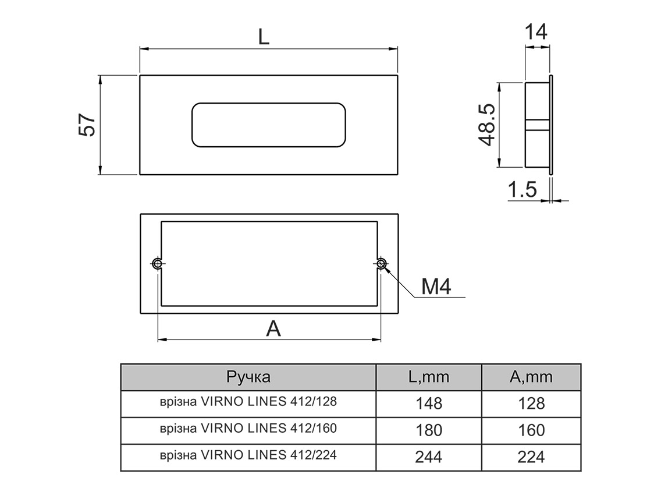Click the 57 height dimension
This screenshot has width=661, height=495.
[x=87, y=125]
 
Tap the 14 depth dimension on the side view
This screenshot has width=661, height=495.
[x=536, y=33]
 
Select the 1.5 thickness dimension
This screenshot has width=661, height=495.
[x=522, y=190]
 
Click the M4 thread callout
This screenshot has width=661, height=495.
[x=436, y=287]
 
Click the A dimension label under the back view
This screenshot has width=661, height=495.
[x=273, y=329]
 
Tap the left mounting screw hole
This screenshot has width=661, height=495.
[x=158, y=264]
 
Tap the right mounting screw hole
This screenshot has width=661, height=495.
[x=381, y=264]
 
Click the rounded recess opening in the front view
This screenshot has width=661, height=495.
[x=268, y=125]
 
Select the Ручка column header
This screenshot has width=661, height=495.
[x=248, y=377]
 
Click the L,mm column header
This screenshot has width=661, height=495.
[x=429, y=377]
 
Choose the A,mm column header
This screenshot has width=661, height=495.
[x=531, y=377]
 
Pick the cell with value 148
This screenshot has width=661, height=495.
[x=429, y=403]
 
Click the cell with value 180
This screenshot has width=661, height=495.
[x=429, y=430]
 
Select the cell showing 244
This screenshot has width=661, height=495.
[x=429, y=457]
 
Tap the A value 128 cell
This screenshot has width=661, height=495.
[x=531, y=403]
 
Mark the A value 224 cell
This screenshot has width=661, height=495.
[x=531, y=457]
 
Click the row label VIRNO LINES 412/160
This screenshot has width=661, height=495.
[x=248, y=429]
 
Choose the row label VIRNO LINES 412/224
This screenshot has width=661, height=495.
[x=248, y=456]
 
